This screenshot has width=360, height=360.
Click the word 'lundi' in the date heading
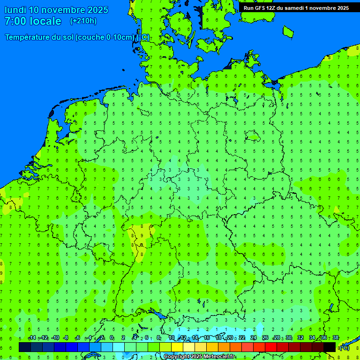[x=15, y=10]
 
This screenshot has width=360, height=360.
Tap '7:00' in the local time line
[x=15, y=21]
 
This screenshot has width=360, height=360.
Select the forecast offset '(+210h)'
[x=83, y=21]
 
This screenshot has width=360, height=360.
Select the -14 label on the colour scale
[x=32, y=338]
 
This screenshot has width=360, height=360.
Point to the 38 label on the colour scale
[x=336, y=338]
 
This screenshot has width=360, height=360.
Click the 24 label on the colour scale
[x=254, y=338]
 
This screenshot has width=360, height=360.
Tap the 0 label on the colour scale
[x=112, y=338]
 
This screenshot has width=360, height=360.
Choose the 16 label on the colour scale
[x=207, y=338]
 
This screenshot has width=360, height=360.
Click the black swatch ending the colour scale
[x=330, y=347]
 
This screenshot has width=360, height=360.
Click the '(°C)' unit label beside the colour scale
[x=345, y=347]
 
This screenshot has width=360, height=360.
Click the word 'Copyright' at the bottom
[x=176, y=357]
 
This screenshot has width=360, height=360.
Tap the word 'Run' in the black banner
[x=248, y=8]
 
